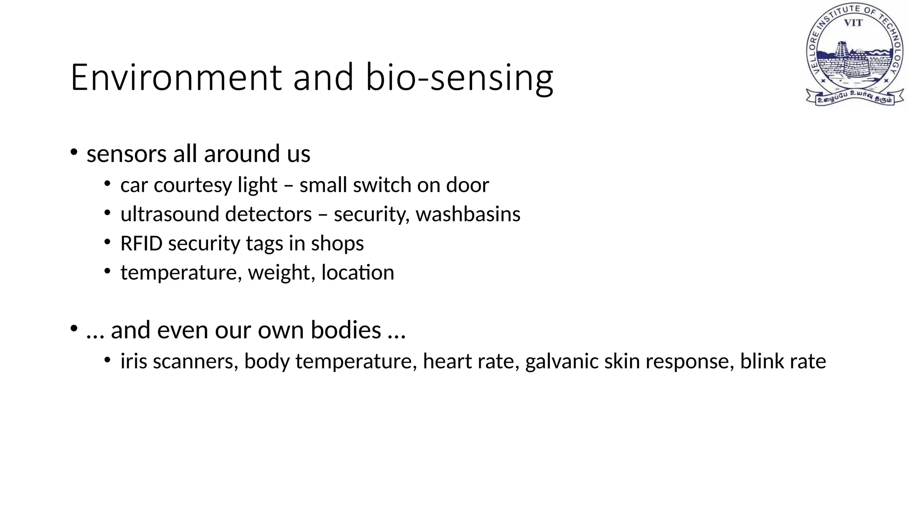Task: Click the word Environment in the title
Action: click(176, 77)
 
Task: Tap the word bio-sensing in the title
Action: click(459, 78)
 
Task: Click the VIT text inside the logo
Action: click(853, 23)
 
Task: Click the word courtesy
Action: click(193, 185)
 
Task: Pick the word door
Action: click(467, 185)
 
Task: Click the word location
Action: click(357, 273)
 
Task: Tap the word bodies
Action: click(346, 330)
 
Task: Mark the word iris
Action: click(133, 361)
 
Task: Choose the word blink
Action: click(762, 361)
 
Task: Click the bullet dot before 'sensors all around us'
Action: click(74, 153)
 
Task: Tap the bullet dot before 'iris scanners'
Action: click(107, 360)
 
